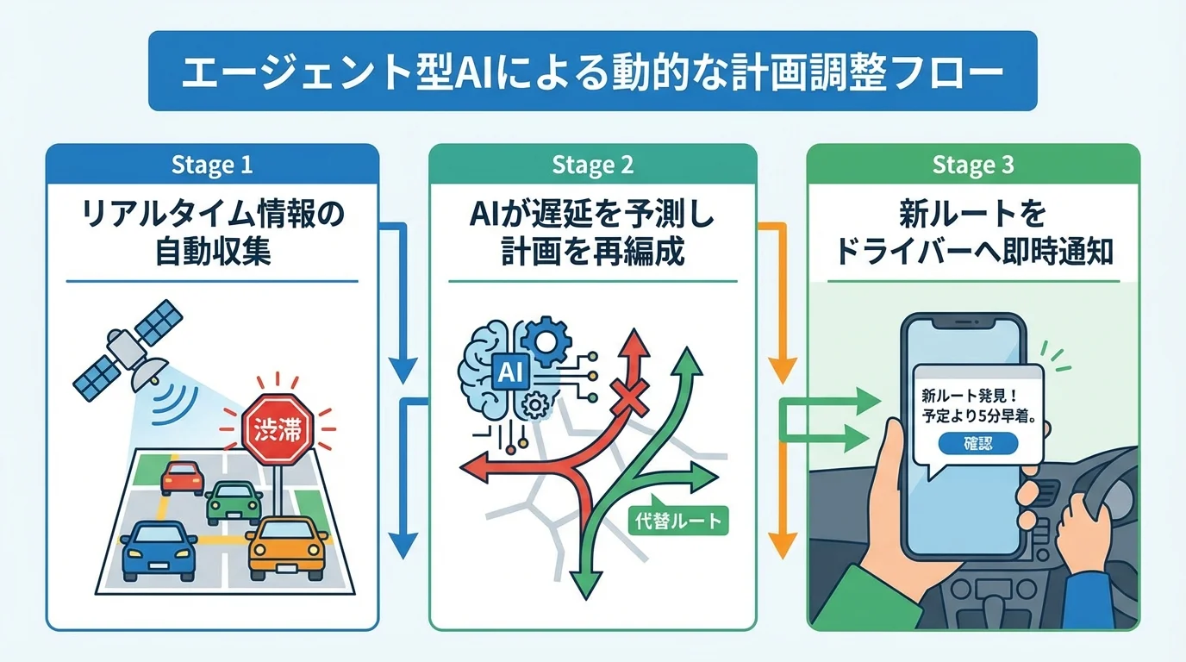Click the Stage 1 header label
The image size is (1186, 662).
coord(211,165)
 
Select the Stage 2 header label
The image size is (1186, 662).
coord(592,165)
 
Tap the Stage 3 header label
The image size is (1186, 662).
coord(973,165)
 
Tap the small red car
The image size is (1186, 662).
coord(182,478)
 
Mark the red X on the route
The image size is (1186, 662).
coord(627,397)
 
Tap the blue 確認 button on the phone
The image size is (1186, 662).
coord(977,443)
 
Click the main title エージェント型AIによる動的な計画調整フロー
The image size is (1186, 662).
coord(592,72)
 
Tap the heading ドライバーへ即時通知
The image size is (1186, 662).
coord(973,252)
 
